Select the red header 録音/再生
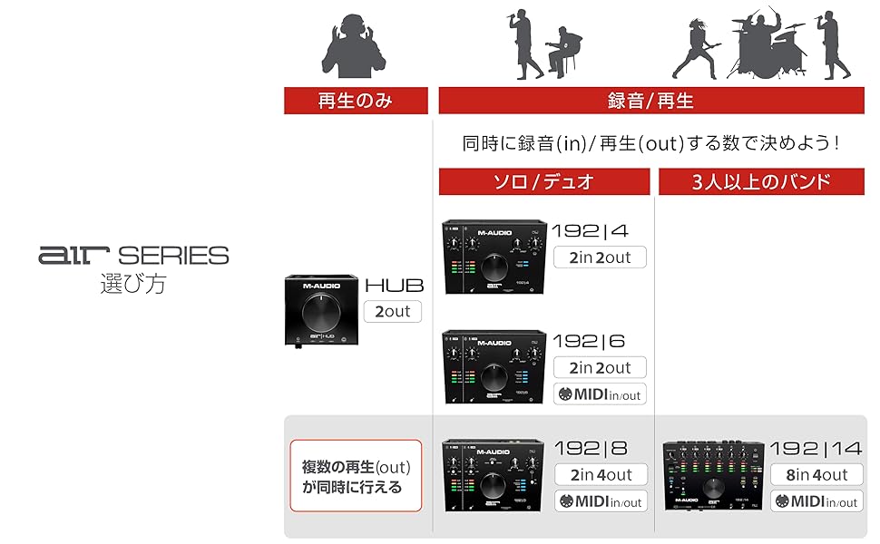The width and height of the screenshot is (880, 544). pyautogui.click(x=650, y=101)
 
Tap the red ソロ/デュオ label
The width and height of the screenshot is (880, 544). pyautogui.click(x=543, y=181)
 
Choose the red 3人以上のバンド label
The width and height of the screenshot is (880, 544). pyautogui.click(x=760, y=181)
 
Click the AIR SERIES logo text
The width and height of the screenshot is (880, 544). pyautogui.click(x=133, y=256)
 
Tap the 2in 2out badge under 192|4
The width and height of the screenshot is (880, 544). pyautogui.click(x=600, y=257)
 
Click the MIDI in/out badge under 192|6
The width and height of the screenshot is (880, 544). pyautogui.click(x=600, y=393)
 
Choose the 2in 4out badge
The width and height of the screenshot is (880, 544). pyautogui.click(x=600, y=474)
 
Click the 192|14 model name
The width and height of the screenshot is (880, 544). pyautogui.click(x=814, y=448)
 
